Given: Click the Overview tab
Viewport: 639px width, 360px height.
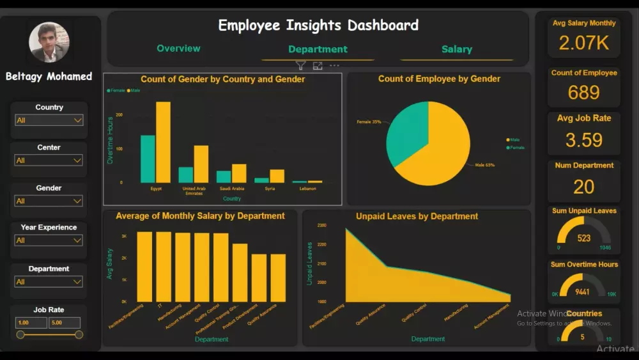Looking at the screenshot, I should tap(178, 49).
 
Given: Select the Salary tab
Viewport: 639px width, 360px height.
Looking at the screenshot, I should tap(456, 49).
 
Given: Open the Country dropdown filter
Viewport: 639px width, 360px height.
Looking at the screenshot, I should tap(49, 120).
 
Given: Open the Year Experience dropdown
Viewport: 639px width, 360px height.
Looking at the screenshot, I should tap(49, 240).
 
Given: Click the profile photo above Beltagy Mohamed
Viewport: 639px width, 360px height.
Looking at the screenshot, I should tap(49, 42).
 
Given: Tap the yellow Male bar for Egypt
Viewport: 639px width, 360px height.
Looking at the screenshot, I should tap(163, 143).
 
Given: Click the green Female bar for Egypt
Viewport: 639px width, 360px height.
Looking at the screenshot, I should tap(148, 159).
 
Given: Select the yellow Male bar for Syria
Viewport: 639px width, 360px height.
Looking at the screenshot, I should tap(277, 176).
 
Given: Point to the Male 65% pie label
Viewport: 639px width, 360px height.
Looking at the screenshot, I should tap(484, 165).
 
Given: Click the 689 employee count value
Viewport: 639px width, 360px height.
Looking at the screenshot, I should tap(583, 93).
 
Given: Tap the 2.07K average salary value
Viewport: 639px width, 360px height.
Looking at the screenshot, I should tap(583, 43).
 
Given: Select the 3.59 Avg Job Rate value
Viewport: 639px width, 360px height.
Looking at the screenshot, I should tap(583, 140).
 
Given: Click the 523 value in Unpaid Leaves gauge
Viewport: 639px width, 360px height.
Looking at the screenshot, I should tap(583, 238).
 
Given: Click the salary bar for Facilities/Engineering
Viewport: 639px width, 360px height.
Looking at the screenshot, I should tap(145, 267).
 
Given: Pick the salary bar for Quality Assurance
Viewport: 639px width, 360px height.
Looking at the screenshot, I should tap(278, 278).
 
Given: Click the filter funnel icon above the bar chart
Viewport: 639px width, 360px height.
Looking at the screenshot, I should tap(300, 65).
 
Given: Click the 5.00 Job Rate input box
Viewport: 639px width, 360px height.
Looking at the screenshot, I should tap(65, 323).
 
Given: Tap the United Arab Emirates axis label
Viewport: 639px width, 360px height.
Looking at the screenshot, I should tap(194, 191).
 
